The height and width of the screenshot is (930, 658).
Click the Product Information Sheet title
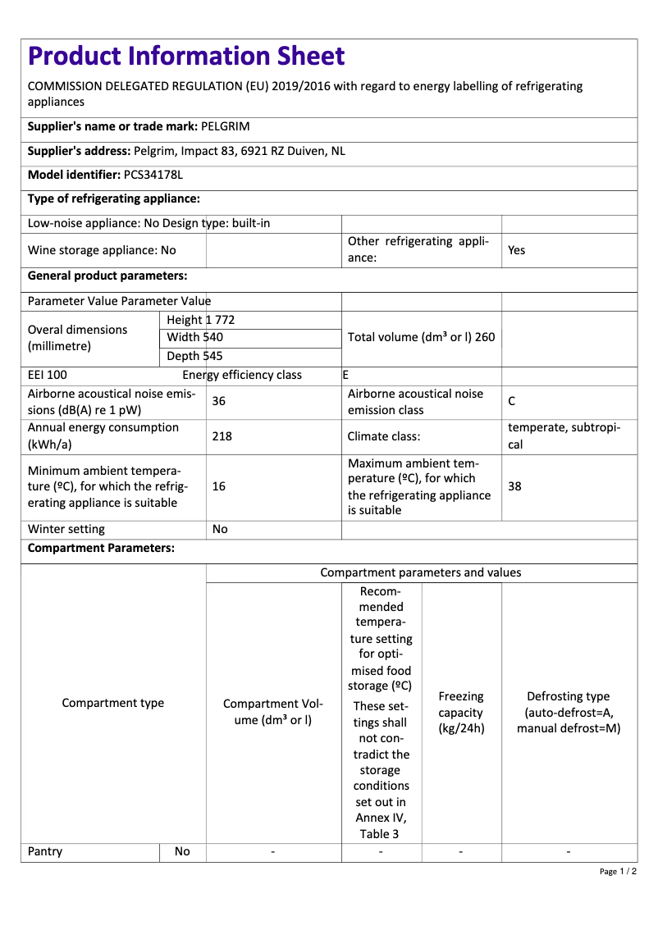tap(186, 57)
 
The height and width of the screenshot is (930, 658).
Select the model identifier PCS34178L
tap(153, 175)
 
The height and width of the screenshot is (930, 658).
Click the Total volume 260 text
tap(421, 337)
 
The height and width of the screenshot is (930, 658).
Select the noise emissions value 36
tap(219, 401)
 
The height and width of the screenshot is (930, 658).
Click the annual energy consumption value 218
tap(222, 436)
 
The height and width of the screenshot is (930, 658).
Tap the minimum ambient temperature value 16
tap(219, 486)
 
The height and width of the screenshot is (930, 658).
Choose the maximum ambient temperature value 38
tap(514, 486)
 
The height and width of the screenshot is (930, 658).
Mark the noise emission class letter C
tap(512, 401)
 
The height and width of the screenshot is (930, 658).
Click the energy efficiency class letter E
tap(345, 375)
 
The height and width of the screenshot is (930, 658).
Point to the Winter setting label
tap(66, 529)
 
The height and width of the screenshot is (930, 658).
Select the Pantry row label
tap(45, 851)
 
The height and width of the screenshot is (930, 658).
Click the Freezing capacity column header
tap(461, 712)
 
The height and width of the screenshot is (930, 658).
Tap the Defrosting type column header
tap(569, 712)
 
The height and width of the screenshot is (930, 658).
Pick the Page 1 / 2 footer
tap(618, 871)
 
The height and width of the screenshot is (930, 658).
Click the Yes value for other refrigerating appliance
tap(516, 250)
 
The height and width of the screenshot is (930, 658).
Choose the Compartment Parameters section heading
tap(101, 548)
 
